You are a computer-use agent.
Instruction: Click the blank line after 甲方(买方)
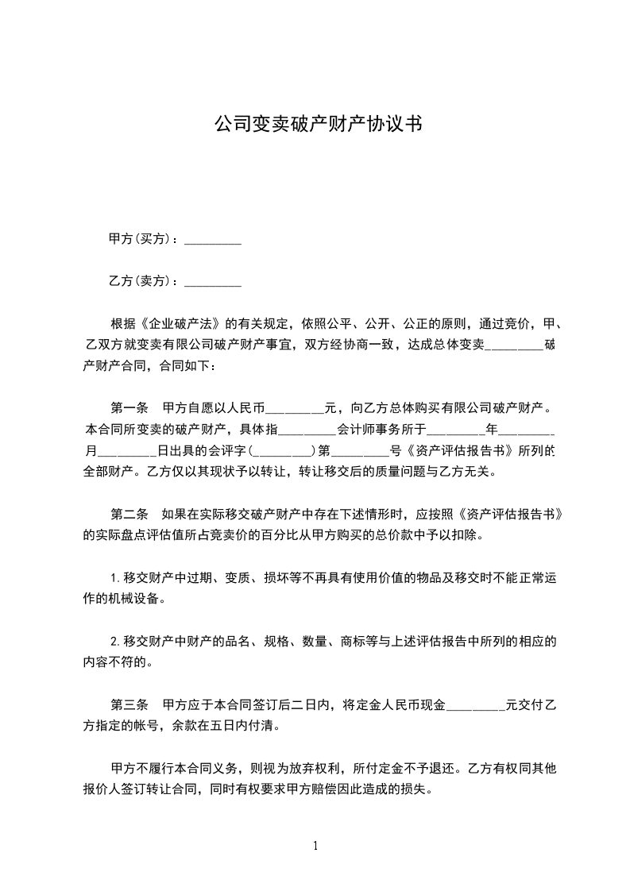coord(212,239)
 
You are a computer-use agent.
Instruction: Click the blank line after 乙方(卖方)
coord(212,281)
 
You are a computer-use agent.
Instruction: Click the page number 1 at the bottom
coord(315,846)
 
